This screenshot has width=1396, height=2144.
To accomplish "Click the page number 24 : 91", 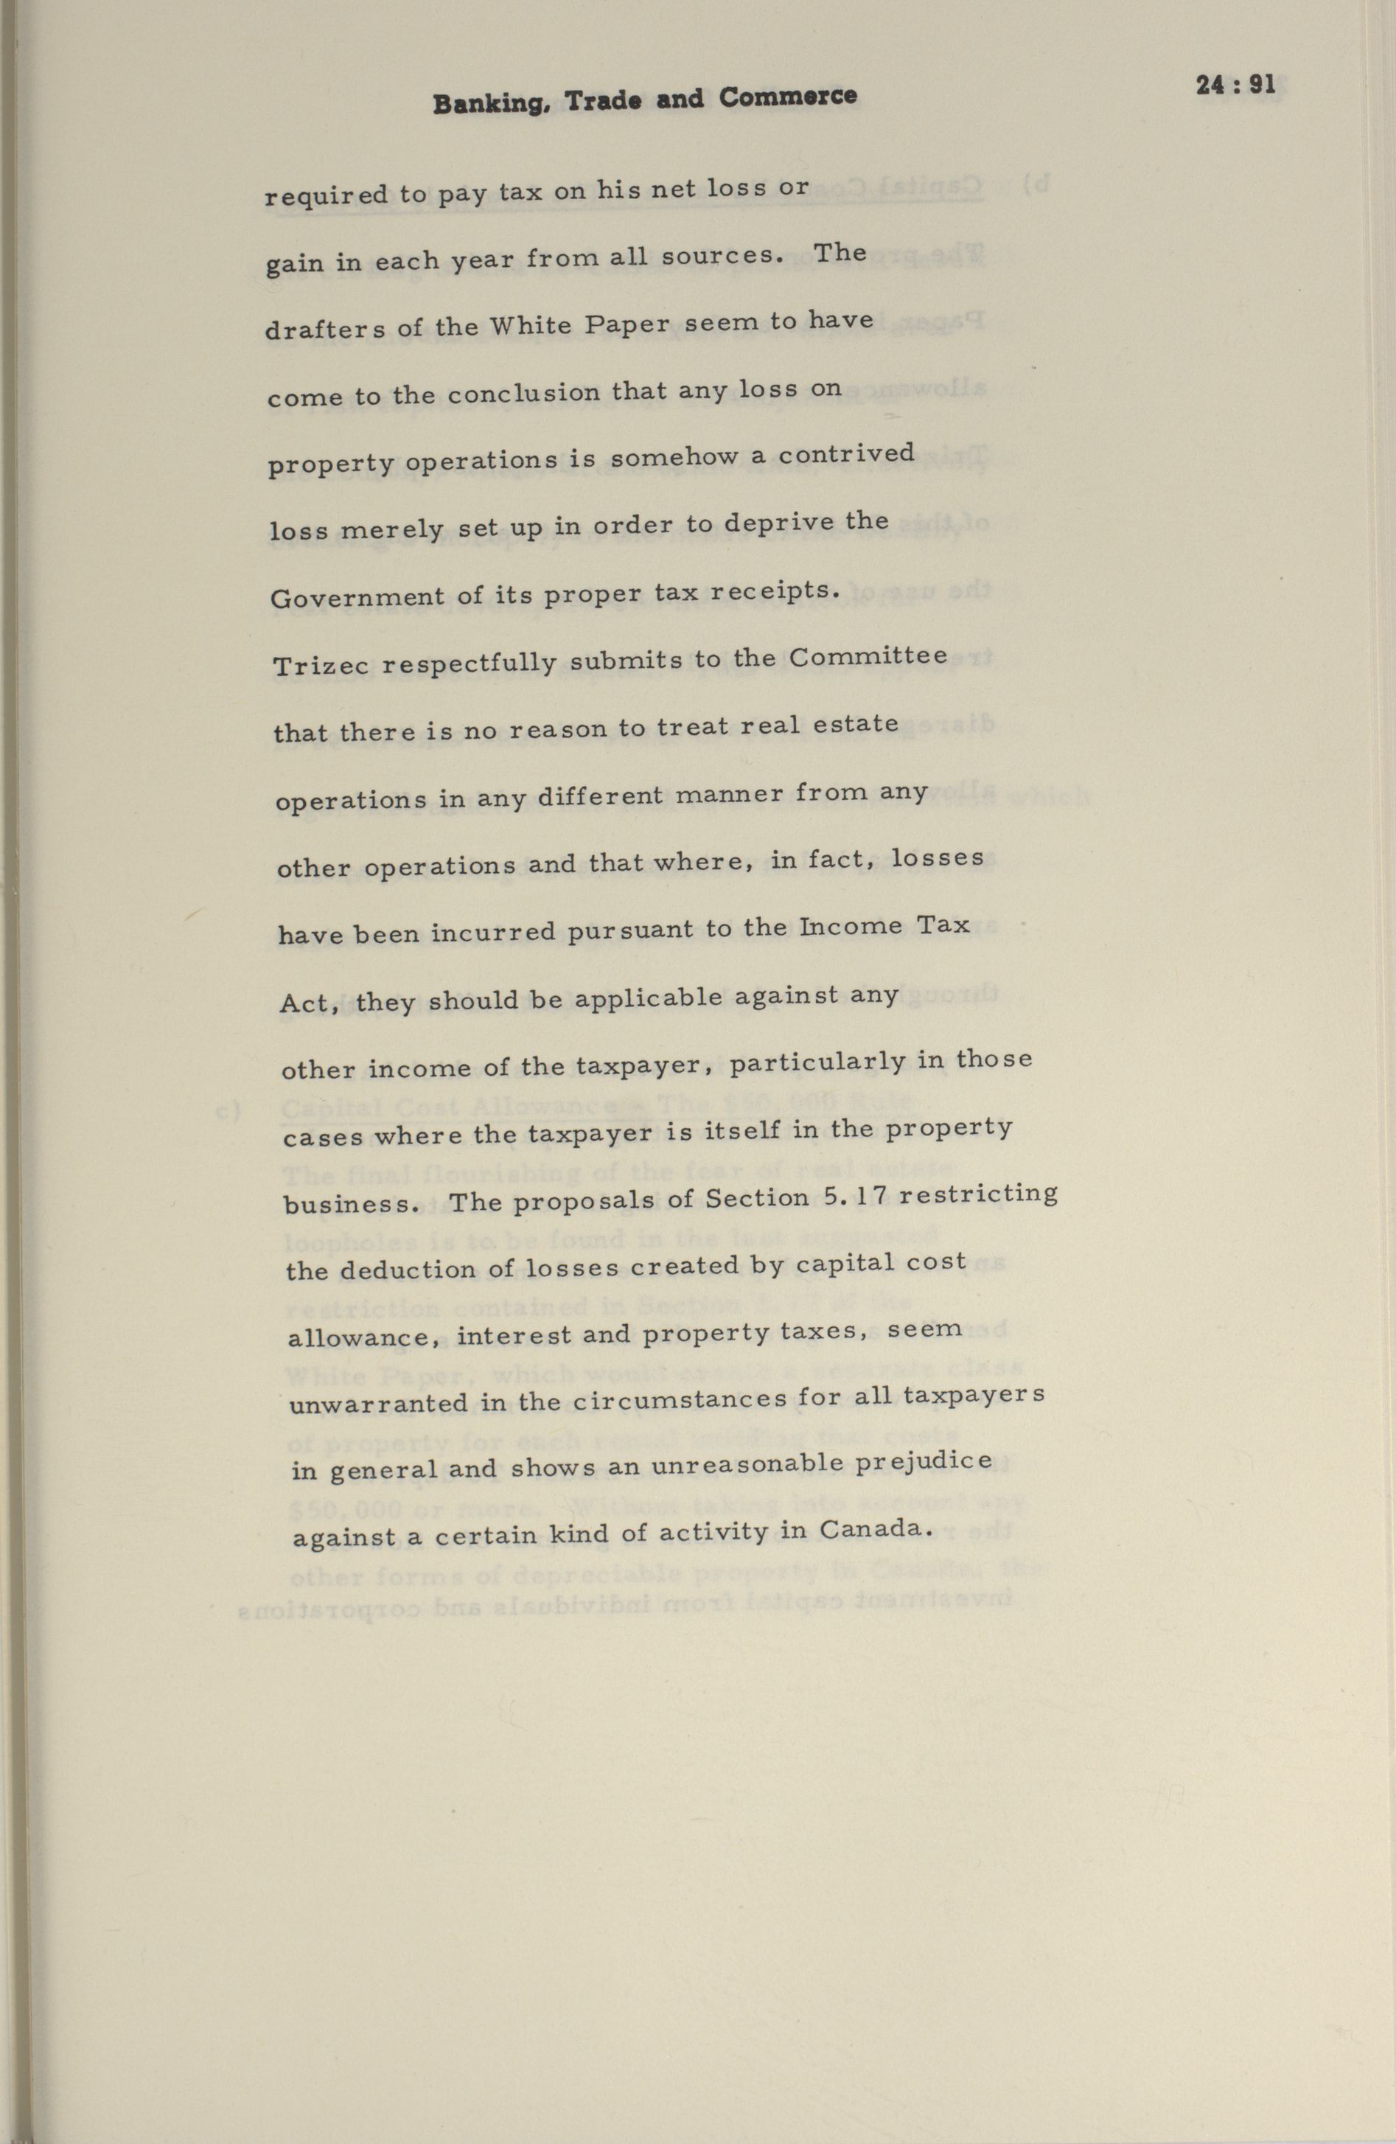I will point(1235,86).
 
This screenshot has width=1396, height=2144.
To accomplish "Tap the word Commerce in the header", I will point(787,97).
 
